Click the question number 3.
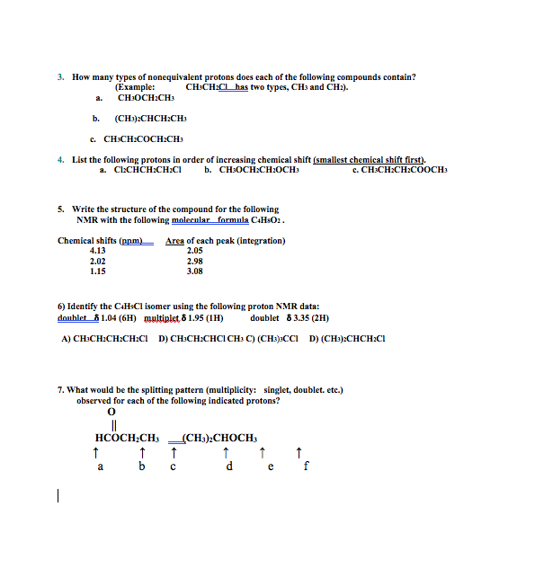(x=60, y=77)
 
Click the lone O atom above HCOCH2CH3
(x=111, y=412)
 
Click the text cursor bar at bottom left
(x=58, y=495)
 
